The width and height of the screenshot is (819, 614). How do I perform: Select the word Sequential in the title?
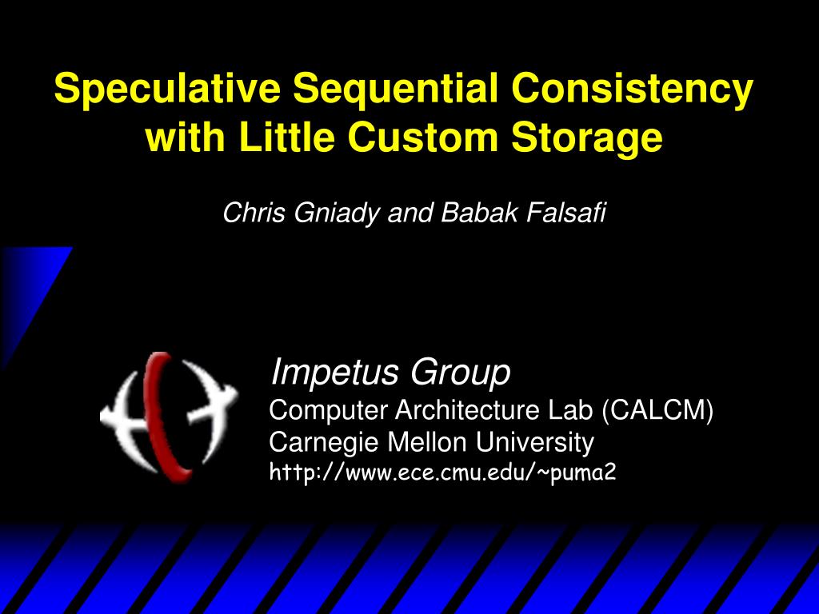[395, 90]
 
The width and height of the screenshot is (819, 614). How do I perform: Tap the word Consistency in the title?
[632, 90]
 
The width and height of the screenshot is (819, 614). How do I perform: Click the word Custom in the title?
[422, 137]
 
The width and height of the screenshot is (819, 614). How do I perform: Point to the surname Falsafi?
[566, 213]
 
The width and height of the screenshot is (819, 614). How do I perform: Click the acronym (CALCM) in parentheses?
[657, 410]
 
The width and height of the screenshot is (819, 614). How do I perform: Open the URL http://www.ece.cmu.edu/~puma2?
[442, 472]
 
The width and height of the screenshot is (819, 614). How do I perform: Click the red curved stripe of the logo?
[163, 416]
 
